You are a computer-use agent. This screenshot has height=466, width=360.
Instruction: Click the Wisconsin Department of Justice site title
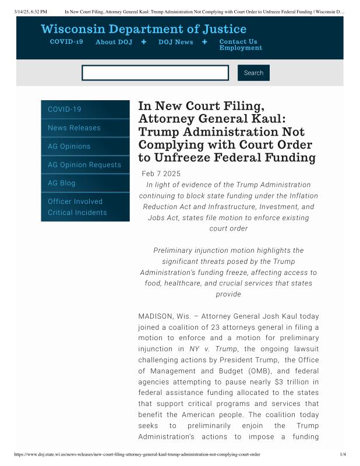[x=143, y=29]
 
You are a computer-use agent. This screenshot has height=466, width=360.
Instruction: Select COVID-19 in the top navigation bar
[x=66, y=42]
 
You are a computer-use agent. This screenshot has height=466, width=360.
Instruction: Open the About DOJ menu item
[x=114, y=42]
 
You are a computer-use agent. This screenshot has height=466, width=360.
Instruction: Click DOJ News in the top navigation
[x=176, y=42]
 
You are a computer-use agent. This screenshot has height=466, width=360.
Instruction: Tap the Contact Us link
[x=238, y=42]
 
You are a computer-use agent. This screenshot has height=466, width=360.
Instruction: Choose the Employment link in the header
[x=241, y=48]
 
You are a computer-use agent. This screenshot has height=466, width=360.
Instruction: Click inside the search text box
[x=155, y=73]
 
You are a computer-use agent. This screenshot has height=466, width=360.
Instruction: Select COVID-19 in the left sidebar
[x=65, y=110]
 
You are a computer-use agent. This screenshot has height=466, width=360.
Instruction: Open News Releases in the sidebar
[x=74, y=128]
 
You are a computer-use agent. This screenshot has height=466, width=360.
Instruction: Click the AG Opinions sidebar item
[x=69, y=146]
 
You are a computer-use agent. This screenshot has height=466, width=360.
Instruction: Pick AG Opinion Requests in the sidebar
[x=84, y=165]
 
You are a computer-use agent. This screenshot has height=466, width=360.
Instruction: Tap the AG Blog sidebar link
[x=62, y=183]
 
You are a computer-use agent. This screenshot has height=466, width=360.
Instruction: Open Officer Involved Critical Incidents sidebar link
[x=77, y=207]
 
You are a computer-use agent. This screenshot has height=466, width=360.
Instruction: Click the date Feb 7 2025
[x=161, y=174]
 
